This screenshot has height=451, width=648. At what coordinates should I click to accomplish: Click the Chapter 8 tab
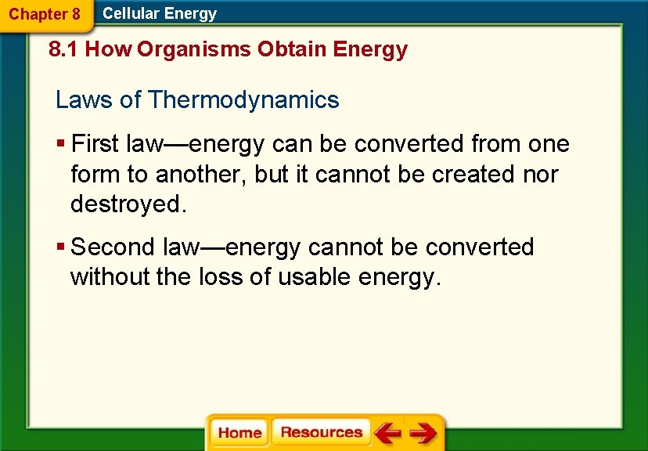[x=45, y=14]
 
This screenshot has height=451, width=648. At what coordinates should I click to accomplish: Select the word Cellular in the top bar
[x=131, y=13]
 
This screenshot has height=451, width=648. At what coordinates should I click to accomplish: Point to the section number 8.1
[x=64, y=50]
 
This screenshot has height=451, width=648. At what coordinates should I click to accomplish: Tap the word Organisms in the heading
[x=196, y=50]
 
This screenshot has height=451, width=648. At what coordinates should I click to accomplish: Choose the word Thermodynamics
[x=243, y=100]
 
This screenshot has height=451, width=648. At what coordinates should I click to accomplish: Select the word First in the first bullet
[x=94, y=144]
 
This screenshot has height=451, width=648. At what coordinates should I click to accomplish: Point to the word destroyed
[x=128, y=204]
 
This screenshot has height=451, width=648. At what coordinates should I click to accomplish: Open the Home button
[x=239, y=433]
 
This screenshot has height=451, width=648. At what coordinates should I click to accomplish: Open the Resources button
[x=321, y=433]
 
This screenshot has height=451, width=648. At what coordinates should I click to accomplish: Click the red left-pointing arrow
[x=387, y=433]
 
